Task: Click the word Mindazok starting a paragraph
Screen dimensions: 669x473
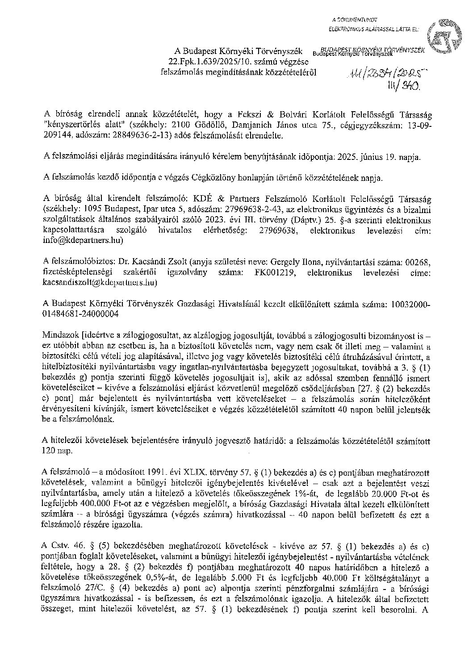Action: pos(59,335)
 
